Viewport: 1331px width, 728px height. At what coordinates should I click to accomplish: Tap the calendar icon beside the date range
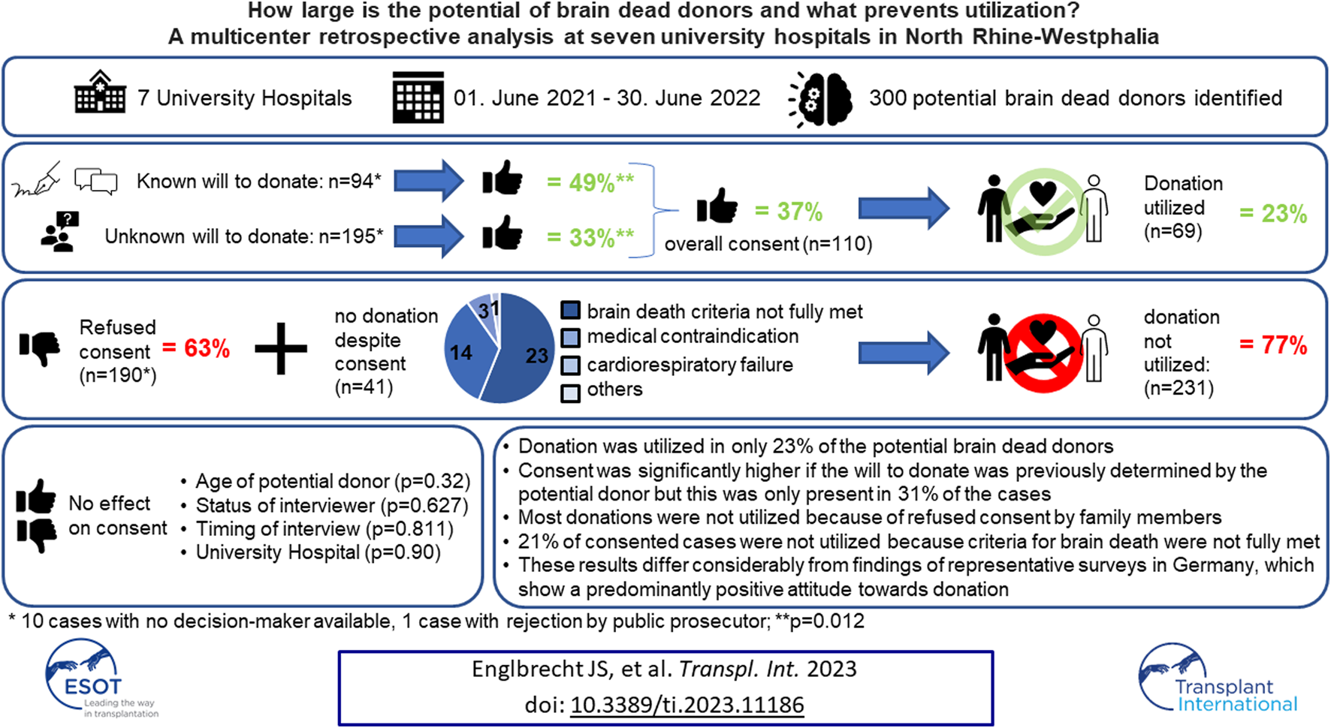pos(418,98)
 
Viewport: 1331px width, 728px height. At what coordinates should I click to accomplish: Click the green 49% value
pos(590,182)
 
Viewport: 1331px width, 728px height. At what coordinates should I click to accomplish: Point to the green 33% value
pos(590,238)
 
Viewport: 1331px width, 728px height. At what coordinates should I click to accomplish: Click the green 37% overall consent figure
pos(789,212)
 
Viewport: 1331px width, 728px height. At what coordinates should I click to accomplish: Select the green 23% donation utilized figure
pos(1273,213)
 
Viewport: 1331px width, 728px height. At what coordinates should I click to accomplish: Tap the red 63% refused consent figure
pos(196,348)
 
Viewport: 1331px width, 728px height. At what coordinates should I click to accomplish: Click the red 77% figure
pos(1273,345)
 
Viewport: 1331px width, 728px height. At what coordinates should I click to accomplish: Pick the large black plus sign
pos(281,348)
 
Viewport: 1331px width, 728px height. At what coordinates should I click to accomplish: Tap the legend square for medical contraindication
pos(571,337)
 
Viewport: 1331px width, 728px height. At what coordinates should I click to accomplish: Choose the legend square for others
pos(571,393)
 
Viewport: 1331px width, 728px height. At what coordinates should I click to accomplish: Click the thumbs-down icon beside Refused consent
pos(40,348)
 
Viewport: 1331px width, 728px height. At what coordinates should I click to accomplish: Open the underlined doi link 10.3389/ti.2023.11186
pos(687,705)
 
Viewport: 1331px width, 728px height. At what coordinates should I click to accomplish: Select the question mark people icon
pos(60,231)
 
